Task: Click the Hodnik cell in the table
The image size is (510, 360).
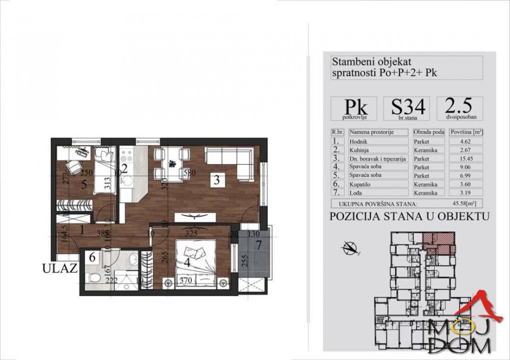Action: point(378,141)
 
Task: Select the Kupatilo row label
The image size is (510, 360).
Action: point(378,184)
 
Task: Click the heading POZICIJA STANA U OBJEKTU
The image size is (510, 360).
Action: point(410,216)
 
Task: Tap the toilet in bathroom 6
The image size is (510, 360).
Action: point(93,278)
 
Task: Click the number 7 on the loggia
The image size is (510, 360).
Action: point(258,245)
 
